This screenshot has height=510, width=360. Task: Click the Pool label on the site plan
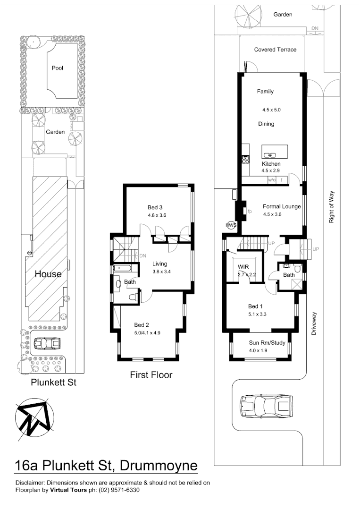pyautogui.click(x=57, y=68)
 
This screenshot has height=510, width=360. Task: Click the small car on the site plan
pyautogui.click(x=49, y=343)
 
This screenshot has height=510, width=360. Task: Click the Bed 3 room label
pyautogui.click(x=155, y=207)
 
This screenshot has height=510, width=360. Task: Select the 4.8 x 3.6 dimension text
pyautogui.click(x=157, y=215)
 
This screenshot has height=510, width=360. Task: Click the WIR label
pyautogui.click(x=243, y=266)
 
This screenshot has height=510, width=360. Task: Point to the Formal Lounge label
pyautogui.click(x=282, y=206)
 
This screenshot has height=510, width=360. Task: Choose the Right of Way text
pyautogui.click(x=332, y=207)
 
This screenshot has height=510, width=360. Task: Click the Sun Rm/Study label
pyautogui.click(x=267, y=343)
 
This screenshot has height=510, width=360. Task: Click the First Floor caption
pyautogui.click(x=151, y=375)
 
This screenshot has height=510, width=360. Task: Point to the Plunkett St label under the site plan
pyautogui.click(x=53, y=382)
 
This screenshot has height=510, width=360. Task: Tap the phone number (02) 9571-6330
pyautogui.click(x=117, y=490)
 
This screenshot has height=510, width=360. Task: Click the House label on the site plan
pyautogui.click(x=47, y=274)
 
